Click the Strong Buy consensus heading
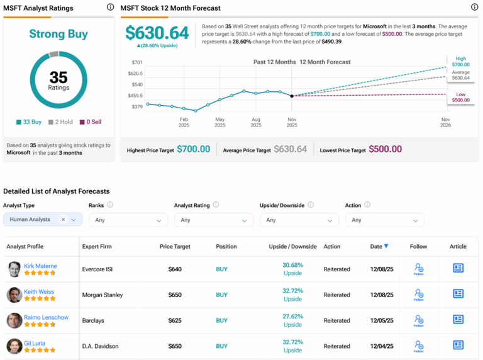[x=58, y=34]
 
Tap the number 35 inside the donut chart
[x=58, y=77]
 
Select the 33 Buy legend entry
[x=29, y=121]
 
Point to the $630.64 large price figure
[x=157, y=33]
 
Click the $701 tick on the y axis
[x=136, y=62]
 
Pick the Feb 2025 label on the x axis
[x=184, y=121]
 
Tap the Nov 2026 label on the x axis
[x=445, y=121]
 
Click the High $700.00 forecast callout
[x=460, y=61]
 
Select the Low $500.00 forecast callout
[x=460, y=96]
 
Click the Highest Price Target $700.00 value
[x=193, y=149]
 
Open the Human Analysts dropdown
[x=43, y=220]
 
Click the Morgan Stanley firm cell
[x=103, y=295]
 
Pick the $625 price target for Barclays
[x=175, y=320]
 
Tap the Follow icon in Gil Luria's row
[x=418, y=346]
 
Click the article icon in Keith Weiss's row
[x=458, y=293]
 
